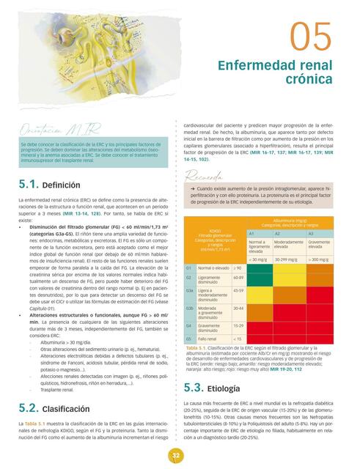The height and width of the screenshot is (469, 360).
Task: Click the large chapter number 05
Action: click(312, 37)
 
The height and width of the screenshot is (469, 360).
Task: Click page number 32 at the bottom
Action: click(177, 456)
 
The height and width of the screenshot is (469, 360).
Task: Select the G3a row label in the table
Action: click(189, 291)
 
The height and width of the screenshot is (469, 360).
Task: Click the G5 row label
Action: click(188, 339)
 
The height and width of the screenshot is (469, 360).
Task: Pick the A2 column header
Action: click(277, 233)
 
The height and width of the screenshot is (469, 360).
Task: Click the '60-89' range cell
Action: click(238, 278)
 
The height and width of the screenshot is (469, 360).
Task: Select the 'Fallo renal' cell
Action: click(207, 339)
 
